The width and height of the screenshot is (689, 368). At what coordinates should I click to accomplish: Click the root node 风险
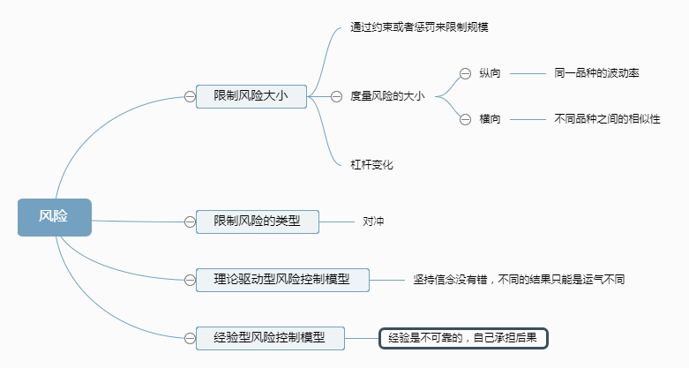point(54,217)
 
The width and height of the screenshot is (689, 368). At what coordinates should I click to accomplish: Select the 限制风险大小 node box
point(251,95)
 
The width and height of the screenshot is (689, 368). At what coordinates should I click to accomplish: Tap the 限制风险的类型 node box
point(257,221)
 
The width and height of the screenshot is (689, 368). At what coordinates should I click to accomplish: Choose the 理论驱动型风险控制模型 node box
point(281,279)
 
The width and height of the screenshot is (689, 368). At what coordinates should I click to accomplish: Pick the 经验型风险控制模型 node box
point(269,336)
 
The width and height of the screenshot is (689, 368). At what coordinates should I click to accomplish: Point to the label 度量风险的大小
point(387,96)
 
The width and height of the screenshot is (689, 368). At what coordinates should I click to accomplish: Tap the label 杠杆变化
point(371,165)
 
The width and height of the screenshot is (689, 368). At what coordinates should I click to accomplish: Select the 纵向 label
point(490,73)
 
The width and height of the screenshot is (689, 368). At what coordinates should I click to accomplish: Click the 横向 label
point(490,118)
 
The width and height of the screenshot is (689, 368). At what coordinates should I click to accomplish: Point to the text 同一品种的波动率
point(595,73)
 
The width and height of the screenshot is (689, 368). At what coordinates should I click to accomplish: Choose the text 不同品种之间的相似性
point(607,118)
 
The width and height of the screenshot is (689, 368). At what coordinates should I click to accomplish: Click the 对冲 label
point(373,221)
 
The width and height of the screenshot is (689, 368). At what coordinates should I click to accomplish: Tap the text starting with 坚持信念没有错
point(519,280)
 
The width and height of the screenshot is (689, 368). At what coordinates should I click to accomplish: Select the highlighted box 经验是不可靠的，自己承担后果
point(464,337)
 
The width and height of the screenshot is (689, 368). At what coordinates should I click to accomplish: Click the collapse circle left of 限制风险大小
point(190,96)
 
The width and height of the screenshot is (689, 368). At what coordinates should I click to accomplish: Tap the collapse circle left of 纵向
point(465,73)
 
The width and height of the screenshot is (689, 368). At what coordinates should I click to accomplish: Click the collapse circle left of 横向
point(465,118)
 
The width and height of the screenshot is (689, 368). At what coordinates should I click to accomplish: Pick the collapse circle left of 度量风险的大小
point(336,96)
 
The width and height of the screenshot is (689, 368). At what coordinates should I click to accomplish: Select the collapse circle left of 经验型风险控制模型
point(190,336)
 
